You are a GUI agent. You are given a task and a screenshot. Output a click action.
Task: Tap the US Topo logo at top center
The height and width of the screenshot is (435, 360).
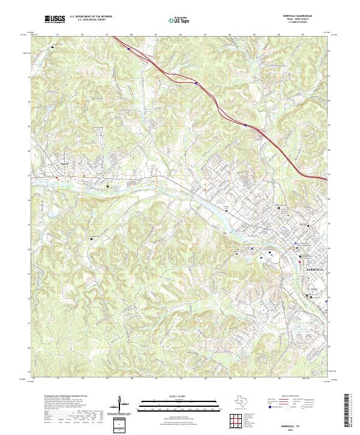point(179,20)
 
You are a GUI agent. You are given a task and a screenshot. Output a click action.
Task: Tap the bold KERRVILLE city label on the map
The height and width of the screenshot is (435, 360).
point(314,270)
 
